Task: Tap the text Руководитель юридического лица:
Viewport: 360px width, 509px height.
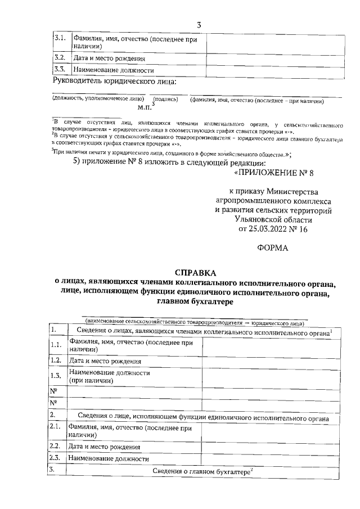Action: [114, 82]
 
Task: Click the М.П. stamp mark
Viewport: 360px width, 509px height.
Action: [145, 105]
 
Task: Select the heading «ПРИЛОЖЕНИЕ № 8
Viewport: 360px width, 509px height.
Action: [273, 173]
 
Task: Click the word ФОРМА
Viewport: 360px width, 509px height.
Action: [273, 247]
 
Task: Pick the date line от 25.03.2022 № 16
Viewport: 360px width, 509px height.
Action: [273, 229]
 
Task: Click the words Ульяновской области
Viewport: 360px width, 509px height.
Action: [273, 220]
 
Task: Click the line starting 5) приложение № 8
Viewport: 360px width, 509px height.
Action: [169, 163]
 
